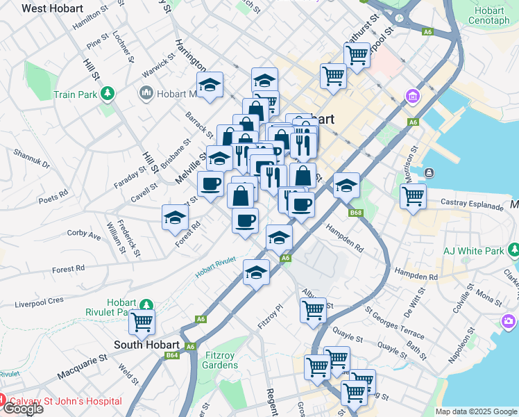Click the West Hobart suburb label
pos(52,9)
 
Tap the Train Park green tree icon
pos(107,92)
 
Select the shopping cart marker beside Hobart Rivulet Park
pos(142,322)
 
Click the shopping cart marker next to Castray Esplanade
pos(413,197)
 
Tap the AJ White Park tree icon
pos(512,250)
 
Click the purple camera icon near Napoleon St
pos(509,320)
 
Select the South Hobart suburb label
pos(147,345)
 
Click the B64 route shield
pos(172,356)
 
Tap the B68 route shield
pos(356,213)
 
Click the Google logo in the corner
pos(22,409)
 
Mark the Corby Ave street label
pos(83,234)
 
